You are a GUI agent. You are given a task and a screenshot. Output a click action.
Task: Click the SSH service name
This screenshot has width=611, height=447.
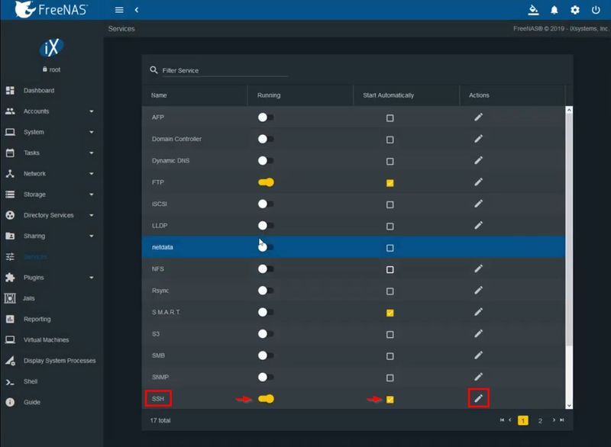(x=159, y=398)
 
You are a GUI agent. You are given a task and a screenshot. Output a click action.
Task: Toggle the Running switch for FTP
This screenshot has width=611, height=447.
(x=266, y=182)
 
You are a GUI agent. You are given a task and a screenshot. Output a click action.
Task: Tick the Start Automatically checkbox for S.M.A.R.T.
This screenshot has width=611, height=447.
(x=390, y=313)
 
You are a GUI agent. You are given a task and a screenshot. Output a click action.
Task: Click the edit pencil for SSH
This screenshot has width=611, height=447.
(x=478, y=398)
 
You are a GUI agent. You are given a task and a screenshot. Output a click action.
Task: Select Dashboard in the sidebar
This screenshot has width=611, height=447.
(x=38, y=91)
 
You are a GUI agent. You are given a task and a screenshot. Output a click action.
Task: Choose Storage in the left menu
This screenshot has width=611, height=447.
(x=34, y=195)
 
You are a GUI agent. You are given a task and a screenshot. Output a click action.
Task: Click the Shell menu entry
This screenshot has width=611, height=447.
(x=30, y=381)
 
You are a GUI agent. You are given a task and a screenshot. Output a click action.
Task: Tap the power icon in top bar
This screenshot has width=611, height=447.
(x=596, y=10)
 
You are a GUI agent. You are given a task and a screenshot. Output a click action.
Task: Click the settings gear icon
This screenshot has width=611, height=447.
(x=575, y=10)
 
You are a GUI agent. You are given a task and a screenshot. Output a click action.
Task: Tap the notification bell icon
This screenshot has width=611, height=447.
(x=555, y=10)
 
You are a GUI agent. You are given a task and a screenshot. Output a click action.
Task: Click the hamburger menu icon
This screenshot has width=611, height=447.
(x=119, y=10)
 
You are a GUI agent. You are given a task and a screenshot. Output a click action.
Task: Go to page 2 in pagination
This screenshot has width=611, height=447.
(x=540, y=420)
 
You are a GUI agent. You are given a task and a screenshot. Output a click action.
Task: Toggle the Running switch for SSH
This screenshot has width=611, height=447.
(x=266, y=399)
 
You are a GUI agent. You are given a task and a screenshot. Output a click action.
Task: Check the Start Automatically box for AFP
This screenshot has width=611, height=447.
(x=390, y=118)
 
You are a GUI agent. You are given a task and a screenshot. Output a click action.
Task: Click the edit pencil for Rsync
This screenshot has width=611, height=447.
(x=478, y=291)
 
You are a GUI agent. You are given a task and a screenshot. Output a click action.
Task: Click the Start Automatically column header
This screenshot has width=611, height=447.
(x=388, y=95)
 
